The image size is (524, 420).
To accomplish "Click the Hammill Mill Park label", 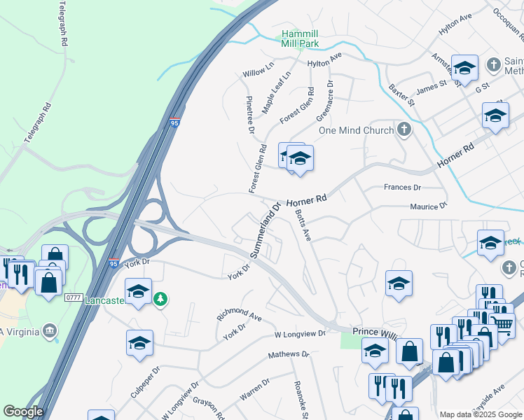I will pyautogui.click(x=300, y=38).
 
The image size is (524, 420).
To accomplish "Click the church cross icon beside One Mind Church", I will pyautogui.click(x=404, y=129).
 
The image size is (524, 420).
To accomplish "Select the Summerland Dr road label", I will pyautogui.click(x=266, y=229).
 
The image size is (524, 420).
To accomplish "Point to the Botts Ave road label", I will pyautogui.click(x=303, y=225).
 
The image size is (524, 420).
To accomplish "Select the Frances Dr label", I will pyautogui.click(x=402, y=188).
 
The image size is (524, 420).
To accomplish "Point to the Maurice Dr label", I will pyautogui.click(x=428, y=207).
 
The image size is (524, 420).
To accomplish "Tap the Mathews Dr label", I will pyautogui.click(x=289, y=356).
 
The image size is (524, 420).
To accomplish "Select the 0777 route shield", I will pyautogui.click(x=74, y=297).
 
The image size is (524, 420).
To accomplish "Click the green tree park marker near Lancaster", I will pyautogui.click(x=161, y=299).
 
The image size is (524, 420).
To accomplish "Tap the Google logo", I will pyautogui.click(x=23, y=412).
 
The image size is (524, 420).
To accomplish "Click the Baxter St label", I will pyautogui.click(x=401, y=96).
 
